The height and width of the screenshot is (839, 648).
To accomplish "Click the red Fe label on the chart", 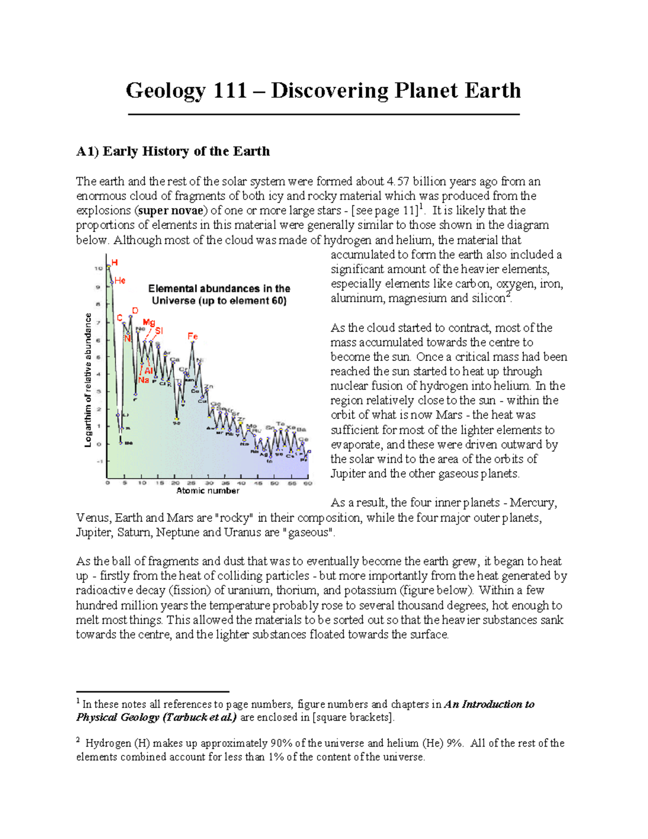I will point(193,337).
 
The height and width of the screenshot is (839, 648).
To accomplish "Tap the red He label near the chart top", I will point(120,280).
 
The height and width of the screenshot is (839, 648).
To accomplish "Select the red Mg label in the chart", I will point(148,323).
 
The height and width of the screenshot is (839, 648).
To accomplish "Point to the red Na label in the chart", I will point(143,380).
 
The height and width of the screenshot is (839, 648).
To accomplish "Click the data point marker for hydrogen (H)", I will point(109,266).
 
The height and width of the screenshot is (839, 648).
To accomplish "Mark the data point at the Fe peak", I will point(193,343).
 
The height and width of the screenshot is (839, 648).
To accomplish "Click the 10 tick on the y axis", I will point(99,269).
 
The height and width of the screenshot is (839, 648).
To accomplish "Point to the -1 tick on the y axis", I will point(99,461).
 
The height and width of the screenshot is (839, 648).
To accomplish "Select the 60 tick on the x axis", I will point(307,483).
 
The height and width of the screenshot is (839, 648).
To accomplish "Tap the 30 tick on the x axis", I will point(208,483).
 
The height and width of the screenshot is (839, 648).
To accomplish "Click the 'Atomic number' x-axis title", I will point(208,491).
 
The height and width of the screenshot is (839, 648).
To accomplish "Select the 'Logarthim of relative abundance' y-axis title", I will point(87,380).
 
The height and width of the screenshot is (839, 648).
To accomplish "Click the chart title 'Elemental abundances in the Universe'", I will point(219,295).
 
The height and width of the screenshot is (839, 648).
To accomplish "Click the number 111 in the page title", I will point(230,90).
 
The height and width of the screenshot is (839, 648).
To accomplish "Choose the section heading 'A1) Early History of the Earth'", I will point(173,151).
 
